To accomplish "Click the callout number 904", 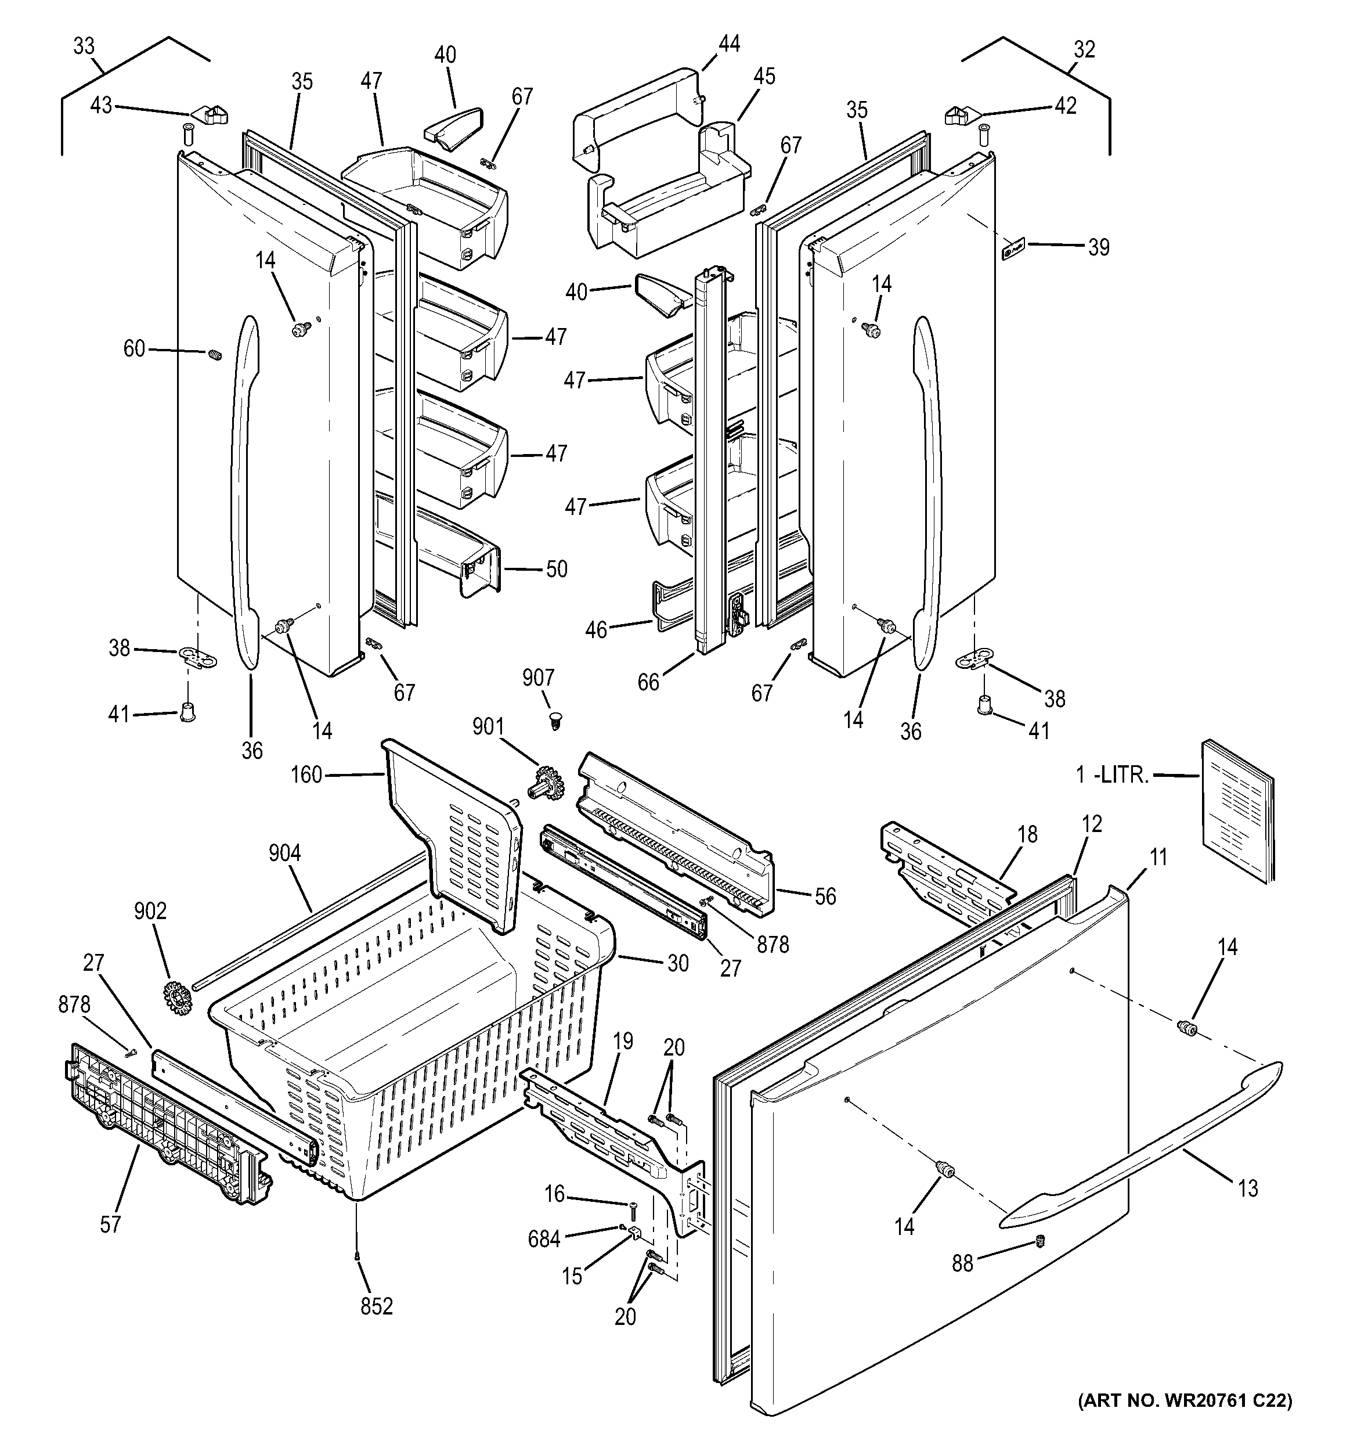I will pyautogui.click(x=285, y=853).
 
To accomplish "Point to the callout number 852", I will pyautogui.click(x=377, y=1306).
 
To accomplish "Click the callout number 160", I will pyautogui.click(x=306, y=775).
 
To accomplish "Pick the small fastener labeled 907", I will pyautogui.click(x=555, y=719).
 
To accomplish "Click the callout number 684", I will pyautogui.click(x=543, y=1239).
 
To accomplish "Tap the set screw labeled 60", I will pyautogui.click(x=215, y=355).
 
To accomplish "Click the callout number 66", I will pyautogui.click(x=648, y=681).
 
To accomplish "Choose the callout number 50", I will pyautogui.click(x=556, y=569).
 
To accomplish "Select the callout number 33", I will pyautogui.click(x=84, y=46).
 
